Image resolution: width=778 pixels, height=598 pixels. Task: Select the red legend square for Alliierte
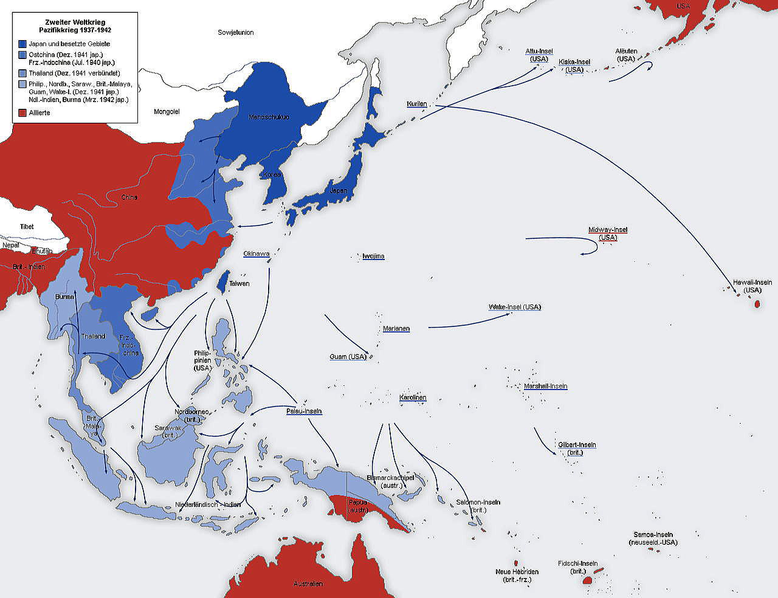(x=22, y=113)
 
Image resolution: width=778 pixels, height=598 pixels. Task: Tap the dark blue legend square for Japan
(x=22, y=44)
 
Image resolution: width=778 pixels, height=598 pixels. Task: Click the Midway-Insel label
(x=607, y=230)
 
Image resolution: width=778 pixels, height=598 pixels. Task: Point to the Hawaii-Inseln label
(x=752, y=283)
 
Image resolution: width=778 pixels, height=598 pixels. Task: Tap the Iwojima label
(x=373, y=256)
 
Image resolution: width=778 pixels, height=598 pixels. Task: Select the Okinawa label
(x=256, y=253)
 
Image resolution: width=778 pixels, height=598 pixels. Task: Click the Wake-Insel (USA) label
(x=514, y=307)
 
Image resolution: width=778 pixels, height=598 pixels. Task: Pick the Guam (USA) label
(x=348, y=357)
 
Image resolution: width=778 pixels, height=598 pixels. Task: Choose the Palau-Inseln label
(x=304, y=411)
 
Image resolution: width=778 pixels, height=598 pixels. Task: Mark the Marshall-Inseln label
(x=545, y=387)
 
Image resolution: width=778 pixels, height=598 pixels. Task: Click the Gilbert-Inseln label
(x=577, y=445)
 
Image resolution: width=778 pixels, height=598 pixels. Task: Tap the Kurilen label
(x=417, y=104)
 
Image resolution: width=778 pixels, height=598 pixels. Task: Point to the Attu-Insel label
(x=539, y=52)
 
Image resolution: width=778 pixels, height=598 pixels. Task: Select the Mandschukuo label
(x=269, y=117)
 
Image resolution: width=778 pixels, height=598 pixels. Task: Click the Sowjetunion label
(x=236, y=32)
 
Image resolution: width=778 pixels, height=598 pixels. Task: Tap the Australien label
(x=308, y=584)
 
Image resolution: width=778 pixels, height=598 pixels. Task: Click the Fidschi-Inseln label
(x=577, y=563)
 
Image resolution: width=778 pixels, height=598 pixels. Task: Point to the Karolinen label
(x=413, y=398)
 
